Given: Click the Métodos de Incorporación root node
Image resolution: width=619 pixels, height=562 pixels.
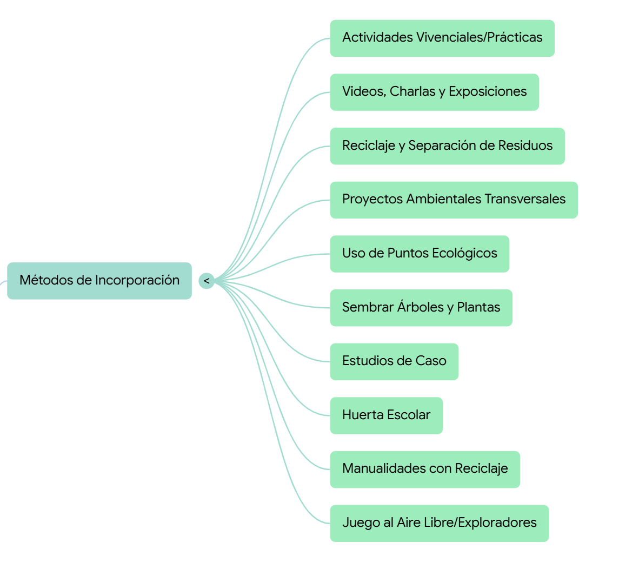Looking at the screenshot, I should [99, 281].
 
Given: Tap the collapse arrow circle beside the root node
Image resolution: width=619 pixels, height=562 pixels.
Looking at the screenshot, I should [207, 281].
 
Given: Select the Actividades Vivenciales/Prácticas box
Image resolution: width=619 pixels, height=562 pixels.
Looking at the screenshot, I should [442, 38].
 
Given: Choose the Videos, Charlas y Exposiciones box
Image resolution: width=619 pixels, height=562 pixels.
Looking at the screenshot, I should [434, 92].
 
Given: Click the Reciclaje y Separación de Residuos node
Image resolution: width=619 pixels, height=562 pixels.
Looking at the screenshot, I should [447, 146].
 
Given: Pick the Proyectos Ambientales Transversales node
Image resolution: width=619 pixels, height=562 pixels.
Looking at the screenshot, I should [454, 200].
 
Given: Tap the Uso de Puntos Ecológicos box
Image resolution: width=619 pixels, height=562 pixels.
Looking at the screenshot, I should [420, 254].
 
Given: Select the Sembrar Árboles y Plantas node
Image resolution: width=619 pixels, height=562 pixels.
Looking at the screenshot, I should [421, 308].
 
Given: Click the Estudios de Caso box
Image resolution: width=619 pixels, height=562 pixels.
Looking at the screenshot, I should [394, 361].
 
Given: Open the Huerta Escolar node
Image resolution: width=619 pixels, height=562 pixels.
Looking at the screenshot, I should [386, 415].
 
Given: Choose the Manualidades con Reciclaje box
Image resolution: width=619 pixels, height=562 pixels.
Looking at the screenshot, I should [425, 469].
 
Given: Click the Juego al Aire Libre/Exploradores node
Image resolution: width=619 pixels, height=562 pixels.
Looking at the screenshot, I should [439, 523].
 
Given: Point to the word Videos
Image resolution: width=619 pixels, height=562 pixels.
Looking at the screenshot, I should [363, 91].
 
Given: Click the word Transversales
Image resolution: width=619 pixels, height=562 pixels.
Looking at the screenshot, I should [524, 199].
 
